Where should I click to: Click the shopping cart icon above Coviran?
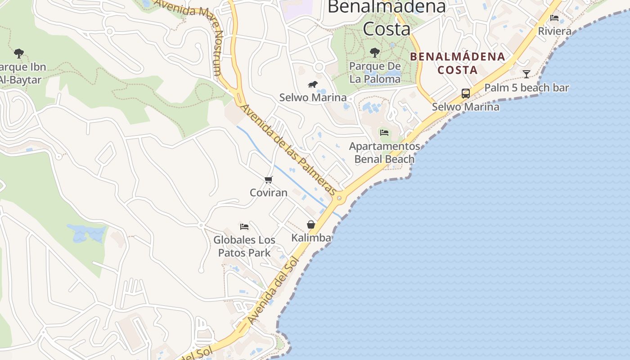pyautogui.click(x=269, y=180)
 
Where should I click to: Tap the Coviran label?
pyautogui.click(x=269, y=193)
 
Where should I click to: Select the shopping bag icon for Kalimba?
pyautogui.click(x=311, y=225)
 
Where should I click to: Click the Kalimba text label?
pyautogui.click(x=311, y=238)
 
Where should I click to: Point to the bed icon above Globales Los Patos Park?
pyautogui.click(x=244, y=226)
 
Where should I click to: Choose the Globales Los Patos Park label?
pyautogui.click(x=244, y=246)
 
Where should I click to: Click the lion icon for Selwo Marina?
pyautogui.click(x=313, y=85)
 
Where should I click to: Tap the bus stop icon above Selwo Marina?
pyautogui.click(x=466, y=94)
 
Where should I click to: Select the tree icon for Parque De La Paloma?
pyautogui.click(x=375, y=53)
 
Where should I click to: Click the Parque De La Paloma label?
pyautogui.click(x=375, y=73)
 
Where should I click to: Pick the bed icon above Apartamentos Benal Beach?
pyautogui.click(x=384, y=132)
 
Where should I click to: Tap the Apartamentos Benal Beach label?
pyautogui.click(x=385, y=153)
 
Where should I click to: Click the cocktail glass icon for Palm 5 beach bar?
pyautogui.click(x=526, y=74)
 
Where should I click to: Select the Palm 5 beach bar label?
pyautogui.click(x=526, y=88)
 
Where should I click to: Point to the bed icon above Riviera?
pyautogui.click(x=554, y=18)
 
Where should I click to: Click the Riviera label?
pyautogui.click(x=555, y=31)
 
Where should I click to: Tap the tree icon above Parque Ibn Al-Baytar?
pyautogui.click(x=19, y=54)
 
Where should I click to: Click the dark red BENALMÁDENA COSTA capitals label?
pyautogui.click(x=458, y=63)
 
